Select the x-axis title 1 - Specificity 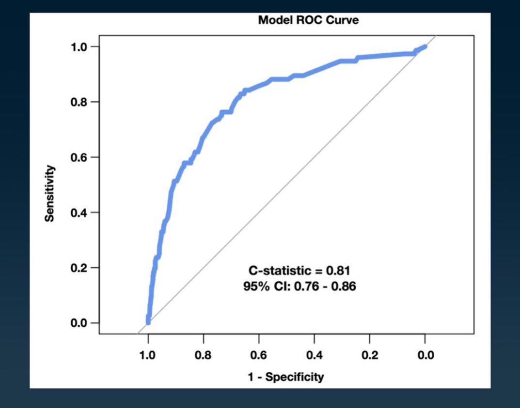286,377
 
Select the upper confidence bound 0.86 345,287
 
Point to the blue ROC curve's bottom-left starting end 148,322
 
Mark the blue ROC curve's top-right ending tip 425,47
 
